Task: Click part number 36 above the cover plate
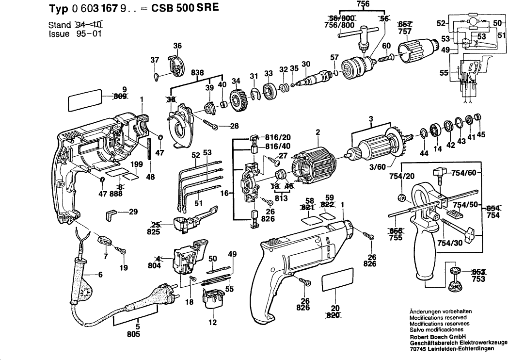click(177, 46)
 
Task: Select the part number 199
click(136, 165)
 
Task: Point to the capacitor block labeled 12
click(211, 298)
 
